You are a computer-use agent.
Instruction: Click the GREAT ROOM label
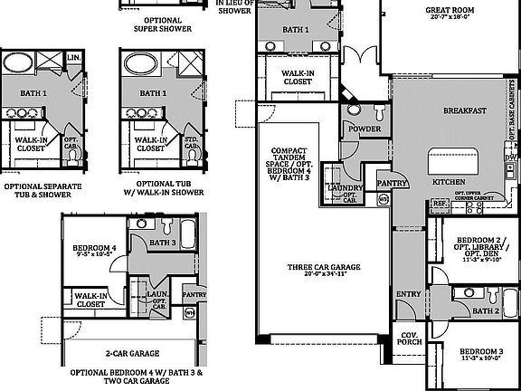click(450, 11)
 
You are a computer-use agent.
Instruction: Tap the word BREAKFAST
click(465, 110)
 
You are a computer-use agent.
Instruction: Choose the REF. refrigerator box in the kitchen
click(440, 205)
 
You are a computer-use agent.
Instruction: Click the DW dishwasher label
click(512, 157)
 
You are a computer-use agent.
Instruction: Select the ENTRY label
click(409, 293)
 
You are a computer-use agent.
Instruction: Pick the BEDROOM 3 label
click(480, 351)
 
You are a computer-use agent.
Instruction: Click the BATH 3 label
click(163, 243)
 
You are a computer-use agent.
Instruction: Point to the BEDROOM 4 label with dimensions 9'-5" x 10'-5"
click(93, 253)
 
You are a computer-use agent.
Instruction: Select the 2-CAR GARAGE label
click(133, 354)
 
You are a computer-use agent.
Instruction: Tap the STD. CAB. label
click(191, 143)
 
